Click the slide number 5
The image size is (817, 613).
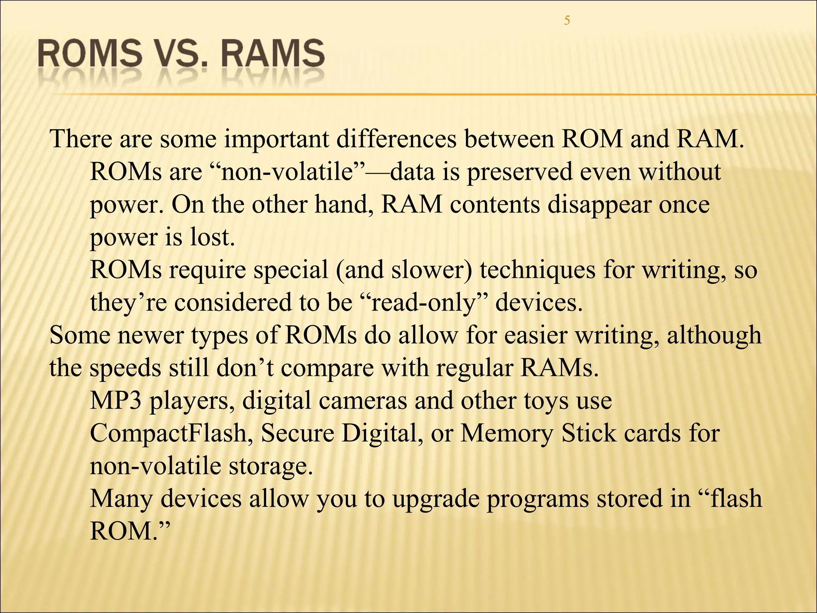coord(567,20)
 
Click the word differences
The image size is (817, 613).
coord(397,139)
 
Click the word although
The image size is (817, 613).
coord(714,335)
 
